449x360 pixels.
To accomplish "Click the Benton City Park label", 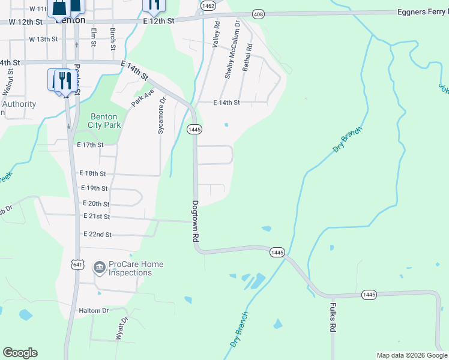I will pos(105,121).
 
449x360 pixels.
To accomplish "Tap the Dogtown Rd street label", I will pos(196,221).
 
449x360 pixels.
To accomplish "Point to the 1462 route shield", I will pos(209,5).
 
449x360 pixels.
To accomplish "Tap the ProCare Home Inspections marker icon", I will pos(100,266).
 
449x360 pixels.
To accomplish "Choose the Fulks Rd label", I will pos(332,317).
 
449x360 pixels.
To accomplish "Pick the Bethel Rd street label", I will pos(246,58).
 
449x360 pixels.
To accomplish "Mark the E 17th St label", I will pos(91,145).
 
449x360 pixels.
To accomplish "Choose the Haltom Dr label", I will pos(93,310).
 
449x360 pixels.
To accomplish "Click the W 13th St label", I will pos(43,39).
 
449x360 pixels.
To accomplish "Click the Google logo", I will pos(20,353).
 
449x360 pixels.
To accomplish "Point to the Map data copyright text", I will pos(411,355).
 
